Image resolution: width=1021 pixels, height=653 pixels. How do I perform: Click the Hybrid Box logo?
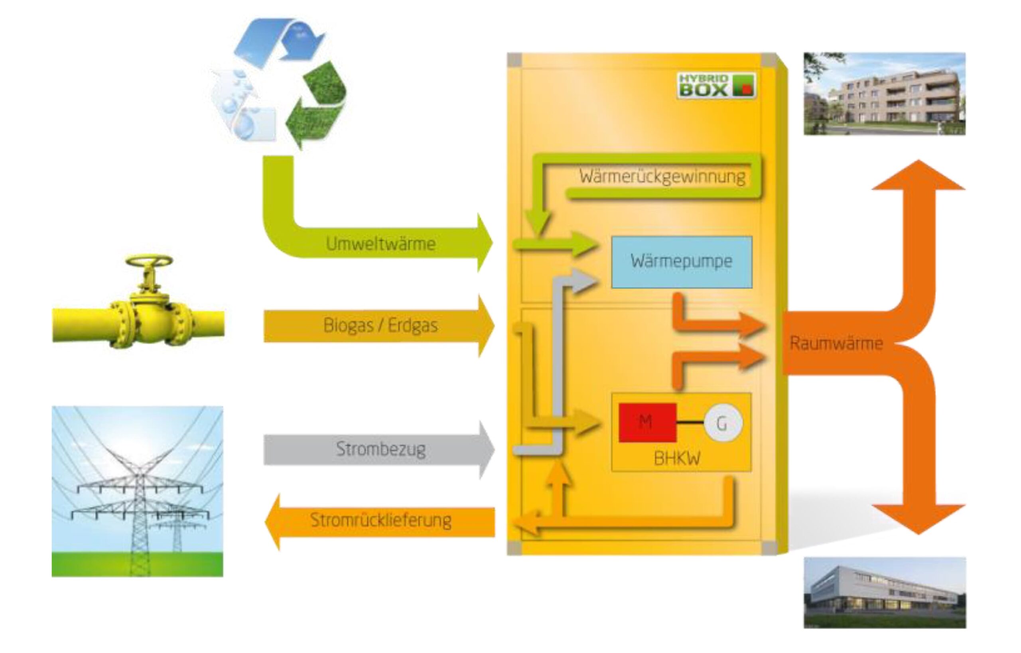716,86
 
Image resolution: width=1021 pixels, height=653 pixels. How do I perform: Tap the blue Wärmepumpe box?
681,262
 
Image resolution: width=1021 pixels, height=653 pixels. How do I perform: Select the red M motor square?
647,422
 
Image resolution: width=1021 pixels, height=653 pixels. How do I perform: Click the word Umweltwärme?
380,244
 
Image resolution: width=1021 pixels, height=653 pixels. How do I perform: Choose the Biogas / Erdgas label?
380,326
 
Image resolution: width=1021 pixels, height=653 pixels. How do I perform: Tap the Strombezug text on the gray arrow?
380,449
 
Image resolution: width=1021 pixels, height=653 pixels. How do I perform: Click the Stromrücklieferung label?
380,520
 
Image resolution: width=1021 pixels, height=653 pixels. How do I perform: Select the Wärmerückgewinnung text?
662,176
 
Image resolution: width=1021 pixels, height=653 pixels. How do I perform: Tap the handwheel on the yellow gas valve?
149,260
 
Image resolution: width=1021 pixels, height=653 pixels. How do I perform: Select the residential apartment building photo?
885,94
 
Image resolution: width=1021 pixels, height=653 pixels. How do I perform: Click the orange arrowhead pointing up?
919,176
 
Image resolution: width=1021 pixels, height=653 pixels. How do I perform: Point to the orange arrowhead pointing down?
919,518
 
